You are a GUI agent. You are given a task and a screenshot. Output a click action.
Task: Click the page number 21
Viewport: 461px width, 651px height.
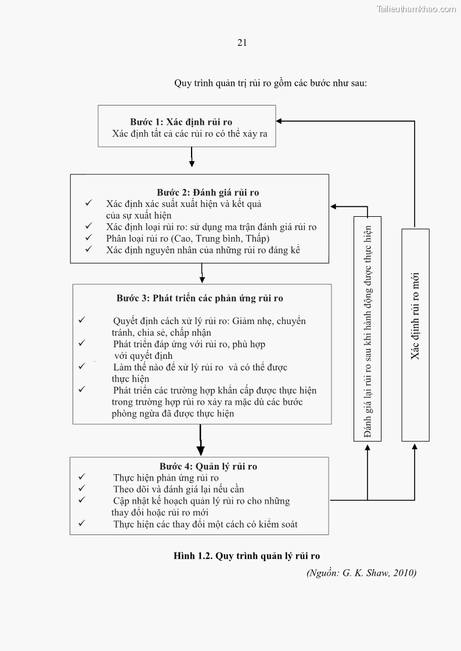(242, 42)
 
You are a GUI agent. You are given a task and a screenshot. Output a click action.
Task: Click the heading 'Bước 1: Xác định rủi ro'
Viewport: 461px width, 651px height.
(181, 122)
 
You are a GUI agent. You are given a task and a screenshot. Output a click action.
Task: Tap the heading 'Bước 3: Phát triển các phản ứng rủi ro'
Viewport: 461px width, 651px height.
(200, 298)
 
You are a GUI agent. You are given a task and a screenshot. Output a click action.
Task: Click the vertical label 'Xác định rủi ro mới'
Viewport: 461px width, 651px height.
(415, 316)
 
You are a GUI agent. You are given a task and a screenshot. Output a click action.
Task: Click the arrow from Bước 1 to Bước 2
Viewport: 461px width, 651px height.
(192, 157)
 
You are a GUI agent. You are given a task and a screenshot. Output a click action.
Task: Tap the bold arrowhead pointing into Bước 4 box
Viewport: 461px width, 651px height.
(200, 450)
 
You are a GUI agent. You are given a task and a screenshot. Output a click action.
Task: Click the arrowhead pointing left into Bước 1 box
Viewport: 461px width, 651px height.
(279, 121)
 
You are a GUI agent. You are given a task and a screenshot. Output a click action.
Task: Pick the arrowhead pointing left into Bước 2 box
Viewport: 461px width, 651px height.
(334, 206)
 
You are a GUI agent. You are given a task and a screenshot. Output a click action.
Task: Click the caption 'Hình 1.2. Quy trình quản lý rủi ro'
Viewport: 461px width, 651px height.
(247, 556)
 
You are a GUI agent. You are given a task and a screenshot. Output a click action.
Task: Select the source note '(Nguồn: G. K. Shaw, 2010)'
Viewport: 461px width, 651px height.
(361, 573)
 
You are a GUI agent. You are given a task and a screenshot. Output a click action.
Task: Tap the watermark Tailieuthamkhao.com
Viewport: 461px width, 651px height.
(416, 9)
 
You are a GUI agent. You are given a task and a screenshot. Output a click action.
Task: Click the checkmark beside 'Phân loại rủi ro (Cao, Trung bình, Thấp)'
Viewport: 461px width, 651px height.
(89, 238)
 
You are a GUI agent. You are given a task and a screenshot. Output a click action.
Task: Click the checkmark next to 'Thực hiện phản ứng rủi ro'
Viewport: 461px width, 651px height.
(82, 477)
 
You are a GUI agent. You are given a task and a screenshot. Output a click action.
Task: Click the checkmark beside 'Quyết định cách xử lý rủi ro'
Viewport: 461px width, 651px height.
(82, 320)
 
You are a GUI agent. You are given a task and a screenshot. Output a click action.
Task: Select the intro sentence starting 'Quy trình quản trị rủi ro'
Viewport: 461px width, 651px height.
(271, 83)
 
